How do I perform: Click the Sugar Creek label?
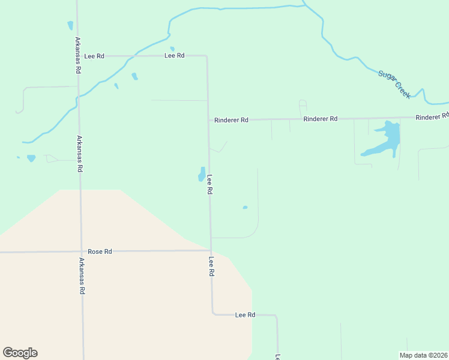point(394,85)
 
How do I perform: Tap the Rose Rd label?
point(100,251)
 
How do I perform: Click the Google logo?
point(20,353)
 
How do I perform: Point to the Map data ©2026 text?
point(423,355)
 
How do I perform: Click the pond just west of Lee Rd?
point(202,174)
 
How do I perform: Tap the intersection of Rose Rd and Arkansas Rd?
point(81,251)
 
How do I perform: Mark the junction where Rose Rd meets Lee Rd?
point(210,250)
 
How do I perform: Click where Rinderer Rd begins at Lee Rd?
point(208,120)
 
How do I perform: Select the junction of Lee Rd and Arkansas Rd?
point(78,56)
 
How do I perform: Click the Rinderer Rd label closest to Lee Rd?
point(232,120)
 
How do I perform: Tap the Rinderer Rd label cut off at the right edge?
point(432,116)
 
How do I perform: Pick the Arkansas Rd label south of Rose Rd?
point(82,275)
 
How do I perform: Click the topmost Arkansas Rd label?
point(78,55)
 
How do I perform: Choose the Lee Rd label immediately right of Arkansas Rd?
point(94,56)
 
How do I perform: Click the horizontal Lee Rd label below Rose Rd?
point(245,314)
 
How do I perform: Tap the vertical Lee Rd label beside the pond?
point(210,184)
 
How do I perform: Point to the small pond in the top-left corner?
point(70,25)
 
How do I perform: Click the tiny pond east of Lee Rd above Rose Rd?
point(245,208)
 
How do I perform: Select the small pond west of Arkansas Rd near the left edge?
point(31,158)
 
